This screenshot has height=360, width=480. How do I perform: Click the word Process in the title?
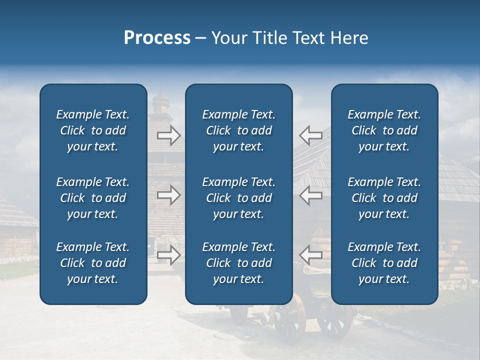tap(157, 38)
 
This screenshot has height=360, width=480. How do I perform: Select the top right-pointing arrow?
tap(169, 135)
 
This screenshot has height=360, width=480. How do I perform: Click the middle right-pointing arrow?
tap(169, 195)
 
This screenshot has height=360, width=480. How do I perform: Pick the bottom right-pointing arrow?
tap(169, 255)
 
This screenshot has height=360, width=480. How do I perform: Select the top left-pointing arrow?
tap(310, 135)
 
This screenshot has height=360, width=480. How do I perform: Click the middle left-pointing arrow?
tap(310, 195)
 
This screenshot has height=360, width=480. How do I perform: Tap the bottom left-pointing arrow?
tap(310, 255)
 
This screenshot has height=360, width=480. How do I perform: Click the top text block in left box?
tap(93, 130)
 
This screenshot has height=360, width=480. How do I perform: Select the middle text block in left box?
tap(93, 198)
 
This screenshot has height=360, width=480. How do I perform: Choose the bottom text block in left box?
tap(93, 263)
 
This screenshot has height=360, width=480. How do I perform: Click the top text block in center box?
tap(238, 130)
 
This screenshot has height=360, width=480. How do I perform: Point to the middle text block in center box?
tap(238, 198)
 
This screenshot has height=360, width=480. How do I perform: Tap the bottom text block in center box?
tap(238, 263)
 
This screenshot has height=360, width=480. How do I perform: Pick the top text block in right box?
tap(384, 130)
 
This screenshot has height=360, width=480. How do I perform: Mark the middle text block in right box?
tap(384, 198)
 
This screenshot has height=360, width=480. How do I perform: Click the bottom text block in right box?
tap(384, 263)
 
